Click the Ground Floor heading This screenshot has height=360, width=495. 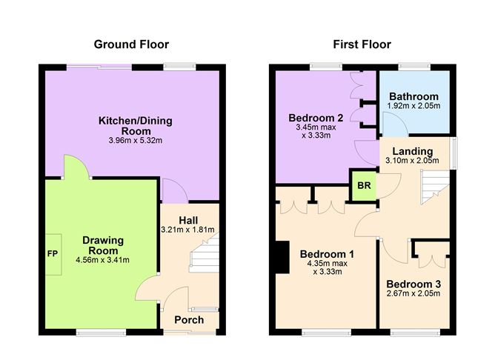pos(131,44)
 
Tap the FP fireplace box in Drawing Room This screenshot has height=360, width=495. pos(52,252)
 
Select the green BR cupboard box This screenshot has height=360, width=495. pos(363,186)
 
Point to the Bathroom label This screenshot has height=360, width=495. pos(413,96)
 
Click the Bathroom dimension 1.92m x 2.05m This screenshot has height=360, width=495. pos(413,107)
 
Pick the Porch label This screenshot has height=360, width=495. pos(189,319)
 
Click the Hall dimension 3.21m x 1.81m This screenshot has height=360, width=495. pos(190,230)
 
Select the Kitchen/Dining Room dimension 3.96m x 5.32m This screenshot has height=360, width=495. pos(131,140)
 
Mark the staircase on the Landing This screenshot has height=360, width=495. pos(434,186)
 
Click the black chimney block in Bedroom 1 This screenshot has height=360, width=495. pos(281,259)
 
